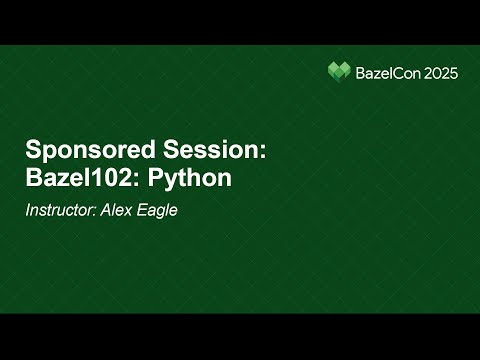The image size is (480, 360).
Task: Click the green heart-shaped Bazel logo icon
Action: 340,71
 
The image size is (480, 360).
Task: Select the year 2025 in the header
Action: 441,72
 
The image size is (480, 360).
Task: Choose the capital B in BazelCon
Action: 361,72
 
